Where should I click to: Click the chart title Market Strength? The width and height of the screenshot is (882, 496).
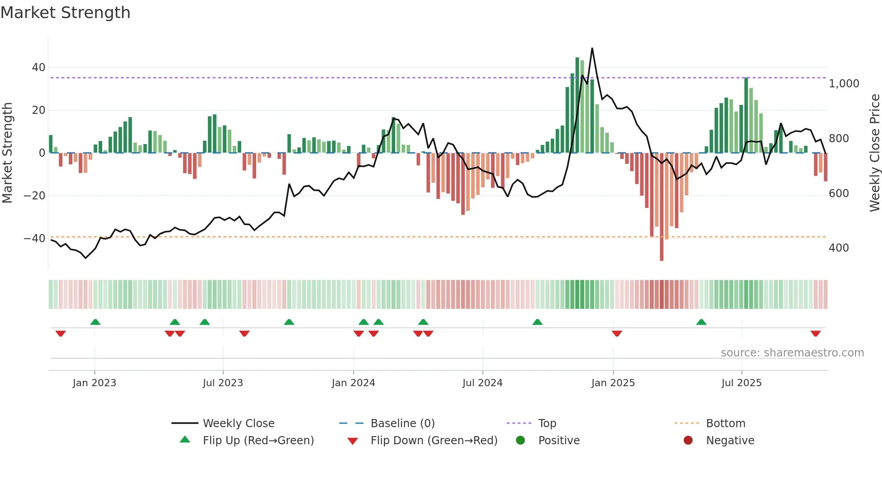pos(66,13)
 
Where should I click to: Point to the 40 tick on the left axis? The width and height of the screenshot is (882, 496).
pos(38,68)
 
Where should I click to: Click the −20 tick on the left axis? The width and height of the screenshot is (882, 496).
pos(35,196)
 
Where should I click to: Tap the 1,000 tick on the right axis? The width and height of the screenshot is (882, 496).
pos(844,84)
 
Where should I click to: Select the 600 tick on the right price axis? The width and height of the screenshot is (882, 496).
pos(838,194)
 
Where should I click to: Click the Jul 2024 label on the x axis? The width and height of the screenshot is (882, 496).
pos(482,383)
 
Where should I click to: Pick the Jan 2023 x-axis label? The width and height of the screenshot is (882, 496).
pos(94,383)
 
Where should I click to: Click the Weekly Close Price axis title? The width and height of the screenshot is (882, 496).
pos(874,153)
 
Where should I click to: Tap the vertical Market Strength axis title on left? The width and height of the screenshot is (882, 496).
pos(8,153)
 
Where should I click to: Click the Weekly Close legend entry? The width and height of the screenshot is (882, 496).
pos(238,424)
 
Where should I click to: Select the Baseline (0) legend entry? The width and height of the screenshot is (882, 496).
pos(402,424)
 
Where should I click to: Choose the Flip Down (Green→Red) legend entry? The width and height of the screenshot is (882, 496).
pos(434,441)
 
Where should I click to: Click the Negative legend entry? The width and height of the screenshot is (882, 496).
pos(730,441)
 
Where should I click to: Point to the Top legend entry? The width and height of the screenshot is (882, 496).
pos(547,424)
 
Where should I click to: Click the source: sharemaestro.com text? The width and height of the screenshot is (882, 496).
pos(792,353)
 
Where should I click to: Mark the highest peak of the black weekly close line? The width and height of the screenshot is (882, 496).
pos(592,48)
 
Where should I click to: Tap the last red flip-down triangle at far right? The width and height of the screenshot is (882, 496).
pos(815,334)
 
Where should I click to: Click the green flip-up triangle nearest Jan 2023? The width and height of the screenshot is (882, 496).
pos(95,322)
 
